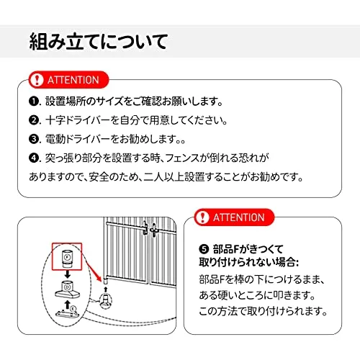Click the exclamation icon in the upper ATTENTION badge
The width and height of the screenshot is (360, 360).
(36, 80)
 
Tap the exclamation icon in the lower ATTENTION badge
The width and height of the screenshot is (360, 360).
(202, 217)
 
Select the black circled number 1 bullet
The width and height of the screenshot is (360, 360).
(33, 102)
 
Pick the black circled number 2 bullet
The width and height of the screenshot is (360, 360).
(33, 120)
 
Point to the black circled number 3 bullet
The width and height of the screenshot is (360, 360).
(33, 139)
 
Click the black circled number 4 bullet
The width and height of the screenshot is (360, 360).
(33, 158)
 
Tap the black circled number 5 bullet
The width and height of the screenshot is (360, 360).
(204, 249)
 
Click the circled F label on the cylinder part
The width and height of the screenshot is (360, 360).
(68, 257)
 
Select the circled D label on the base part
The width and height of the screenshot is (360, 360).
(68, 287)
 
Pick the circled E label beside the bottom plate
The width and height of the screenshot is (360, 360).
(73, 308)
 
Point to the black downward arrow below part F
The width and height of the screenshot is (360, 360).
(68, 274)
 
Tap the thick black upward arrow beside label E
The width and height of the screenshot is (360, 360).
(68, 305)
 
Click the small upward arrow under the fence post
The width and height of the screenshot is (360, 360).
(106, 289)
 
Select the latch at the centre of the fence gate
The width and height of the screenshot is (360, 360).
(149, 228)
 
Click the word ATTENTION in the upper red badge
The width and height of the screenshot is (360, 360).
(73, 80)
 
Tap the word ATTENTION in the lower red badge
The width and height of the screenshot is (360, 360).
(239, 217)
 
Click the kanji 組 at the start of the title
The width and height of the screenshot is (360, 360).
(38, 42)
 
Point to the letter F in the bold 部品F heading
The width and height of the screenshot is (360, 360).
(236, 249)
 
